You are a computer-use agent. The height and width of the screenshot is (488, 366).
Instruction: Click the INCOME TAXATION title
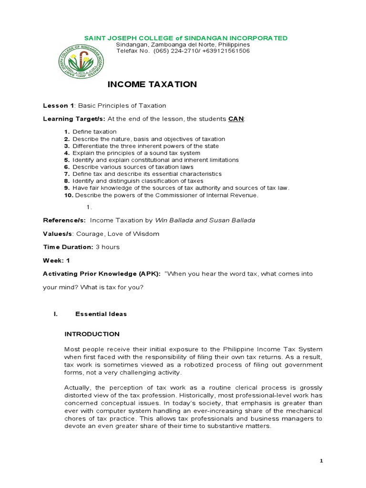[x=152, y=84]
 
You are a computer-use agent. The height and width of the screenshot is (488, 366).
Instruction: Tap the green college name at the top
[x=185, y=38]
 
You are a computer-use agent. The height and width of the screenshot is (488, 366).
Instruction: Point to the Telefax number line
[x=183, y=51]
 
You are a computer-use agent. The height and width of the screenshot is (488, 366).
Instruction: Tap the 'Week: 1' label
[x=56, y=260]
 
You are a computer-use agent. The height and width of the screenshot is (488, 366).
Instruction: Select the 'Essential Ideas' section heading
[x=101, y=314]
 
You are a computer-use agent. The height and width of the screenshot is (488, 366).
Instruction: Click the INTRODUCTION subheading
[x=92, y=334]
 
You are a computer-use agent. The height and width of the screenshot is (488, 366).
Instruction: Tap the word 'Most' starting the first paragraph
[x=72, y=349]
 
